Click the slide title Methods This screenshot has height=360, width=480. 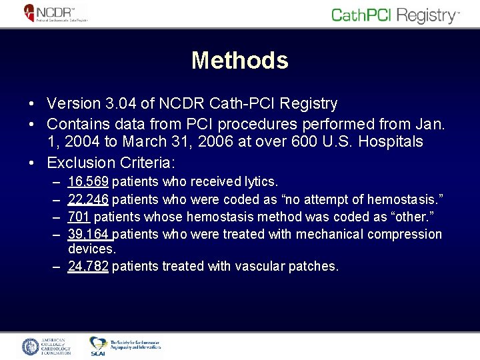239,61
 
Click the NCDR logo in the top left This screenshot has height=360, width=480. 56,13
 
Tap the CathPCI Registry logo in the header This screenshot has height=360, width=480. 395,15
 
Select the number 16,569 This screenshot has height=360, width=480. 89,181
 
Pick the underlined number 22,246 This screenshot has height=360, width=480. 89,199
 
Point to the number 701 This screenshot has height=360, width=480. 79,217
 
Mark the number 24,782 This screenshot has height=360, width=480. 89,267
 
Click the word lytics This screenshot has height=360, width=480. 261,181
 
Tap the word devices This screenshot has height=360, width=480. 92,249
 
